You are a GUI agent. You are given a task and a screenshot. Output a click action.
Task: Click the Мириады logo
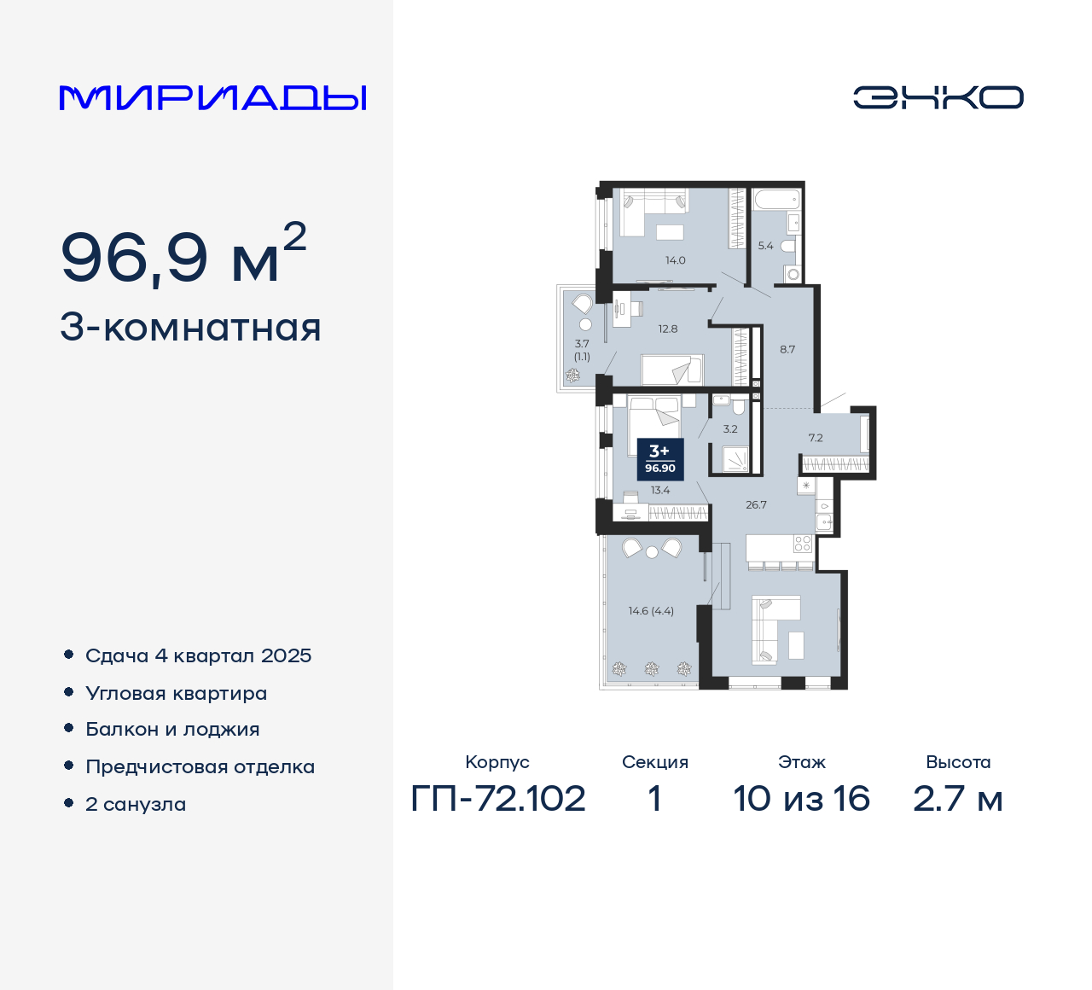(212, 97)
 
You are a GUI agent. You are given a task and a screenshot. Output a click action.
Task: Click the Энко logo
(938, 97)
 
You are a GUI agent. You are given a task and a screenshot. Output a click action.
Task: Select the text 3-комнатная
(190, 328)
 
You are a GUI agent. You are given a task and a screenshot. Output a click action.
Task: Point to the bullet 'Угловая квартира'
(176, 693)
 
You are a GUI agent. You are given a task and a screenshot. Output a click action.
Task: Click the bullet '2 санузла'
(136, 804)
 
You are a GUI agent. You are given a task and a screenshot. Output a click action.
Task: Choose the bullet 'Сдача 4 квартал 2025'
(198, 655)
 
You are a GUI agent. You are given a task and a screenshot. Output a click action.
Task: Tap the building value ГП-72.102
(498, 799)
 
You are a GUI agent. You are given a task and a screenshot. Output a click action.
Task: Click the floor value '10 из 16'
(801, 799)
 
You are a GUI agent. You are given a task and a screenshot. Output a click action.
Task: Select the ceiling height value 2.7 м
(957, 799)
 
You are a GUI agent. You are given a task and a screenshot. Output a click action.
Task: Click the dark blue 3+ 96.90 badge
(660, 459)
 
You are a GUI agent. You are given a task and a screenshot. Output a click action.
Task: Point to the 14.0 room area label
(676, 260)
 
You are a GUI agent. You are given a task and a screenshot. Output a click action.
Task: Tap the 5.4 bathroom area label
(765, 246)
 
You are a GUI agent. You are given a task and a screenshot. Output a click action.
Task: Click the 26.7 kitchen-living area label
(756, 504)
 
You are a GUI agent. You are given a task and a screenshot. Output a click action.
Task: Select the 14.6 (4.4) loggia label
(651, 611)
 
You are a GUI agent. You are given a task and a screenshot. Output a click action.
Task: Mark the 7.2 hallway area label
(816, 438)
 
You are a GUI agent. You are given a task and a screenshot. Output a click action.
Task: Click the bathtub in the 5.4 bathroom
(776, 201)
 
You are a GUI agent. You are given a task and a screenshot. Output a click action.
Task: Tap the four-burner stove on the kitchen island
(802, 544)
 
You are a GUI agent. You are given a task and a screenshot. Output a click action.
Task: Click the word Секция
(654, 762)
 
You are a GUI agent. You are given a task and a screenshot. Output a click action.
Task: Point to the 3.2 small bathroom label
(730, 429)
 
